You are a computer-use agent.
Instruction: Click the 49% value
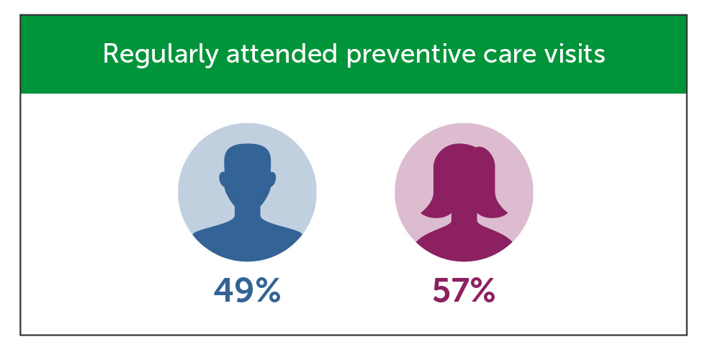click(x=246, y=290)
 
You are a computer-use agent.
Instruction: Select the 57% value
click(x=463, y=290)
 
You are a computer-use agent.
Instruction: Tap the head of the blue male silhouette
click(x=247, y=173)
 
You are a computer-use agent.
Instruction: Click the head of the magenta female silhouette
click(x=463, y=173)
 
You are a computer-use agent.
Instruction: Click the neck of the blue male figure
click(x=247, y=212)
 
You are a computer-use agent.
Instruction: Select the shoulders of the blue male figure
click(x=247, y=241)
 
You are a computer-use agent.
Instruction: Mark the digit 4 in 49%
click(x=224, y=290)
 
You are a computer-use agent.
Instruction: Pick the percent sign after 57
click(x=482, y=290)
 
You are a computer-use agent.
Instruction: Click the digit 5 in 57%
click(x=441, y=290)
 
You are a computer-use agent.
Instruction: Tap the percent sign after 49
click(x=267, y=290)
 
